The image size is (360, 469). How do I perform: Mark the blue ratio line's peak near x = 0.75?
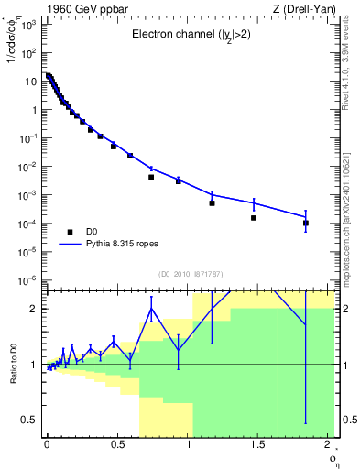[152, 308]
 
